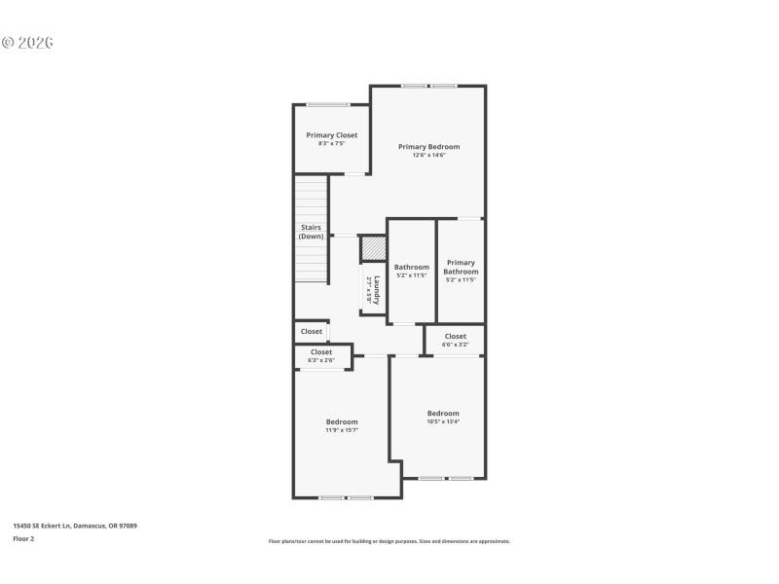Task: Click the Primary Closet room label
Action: tap(331, 135)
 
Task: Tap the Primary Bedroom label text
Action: tap(428, 147)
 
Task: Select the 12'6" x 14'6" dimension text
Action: tap(428, 156)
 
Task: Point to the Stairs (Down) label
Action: tap(311, 232)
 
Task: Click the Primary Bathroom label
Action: tap(461, 267)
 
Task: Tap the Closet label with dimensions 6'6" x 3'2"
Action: tap(455, 337)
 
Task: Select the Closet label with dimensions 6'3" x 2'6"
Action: tap(321, 352)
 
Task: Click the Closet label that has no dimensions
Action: tap(311, 331)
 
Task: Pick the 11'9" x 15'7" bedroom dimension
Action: tap(342, 430)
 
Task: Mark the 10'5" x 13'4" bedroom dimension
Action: tap(443, 421)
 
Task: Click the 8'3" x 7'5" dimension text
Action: tap(331, 144)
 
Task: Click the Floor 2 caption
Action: tap(23, 538)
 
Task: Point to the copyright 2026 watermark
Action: tap(27, 43)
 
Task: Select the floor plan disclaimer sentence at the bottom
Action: tap(389, 541)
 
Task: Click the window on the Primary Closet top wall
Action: tap(328, 104)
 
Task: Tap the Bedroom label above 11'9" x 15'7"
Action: tap(342, 421)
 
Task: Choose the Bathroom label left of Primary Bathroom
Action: tap(411, 267)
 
